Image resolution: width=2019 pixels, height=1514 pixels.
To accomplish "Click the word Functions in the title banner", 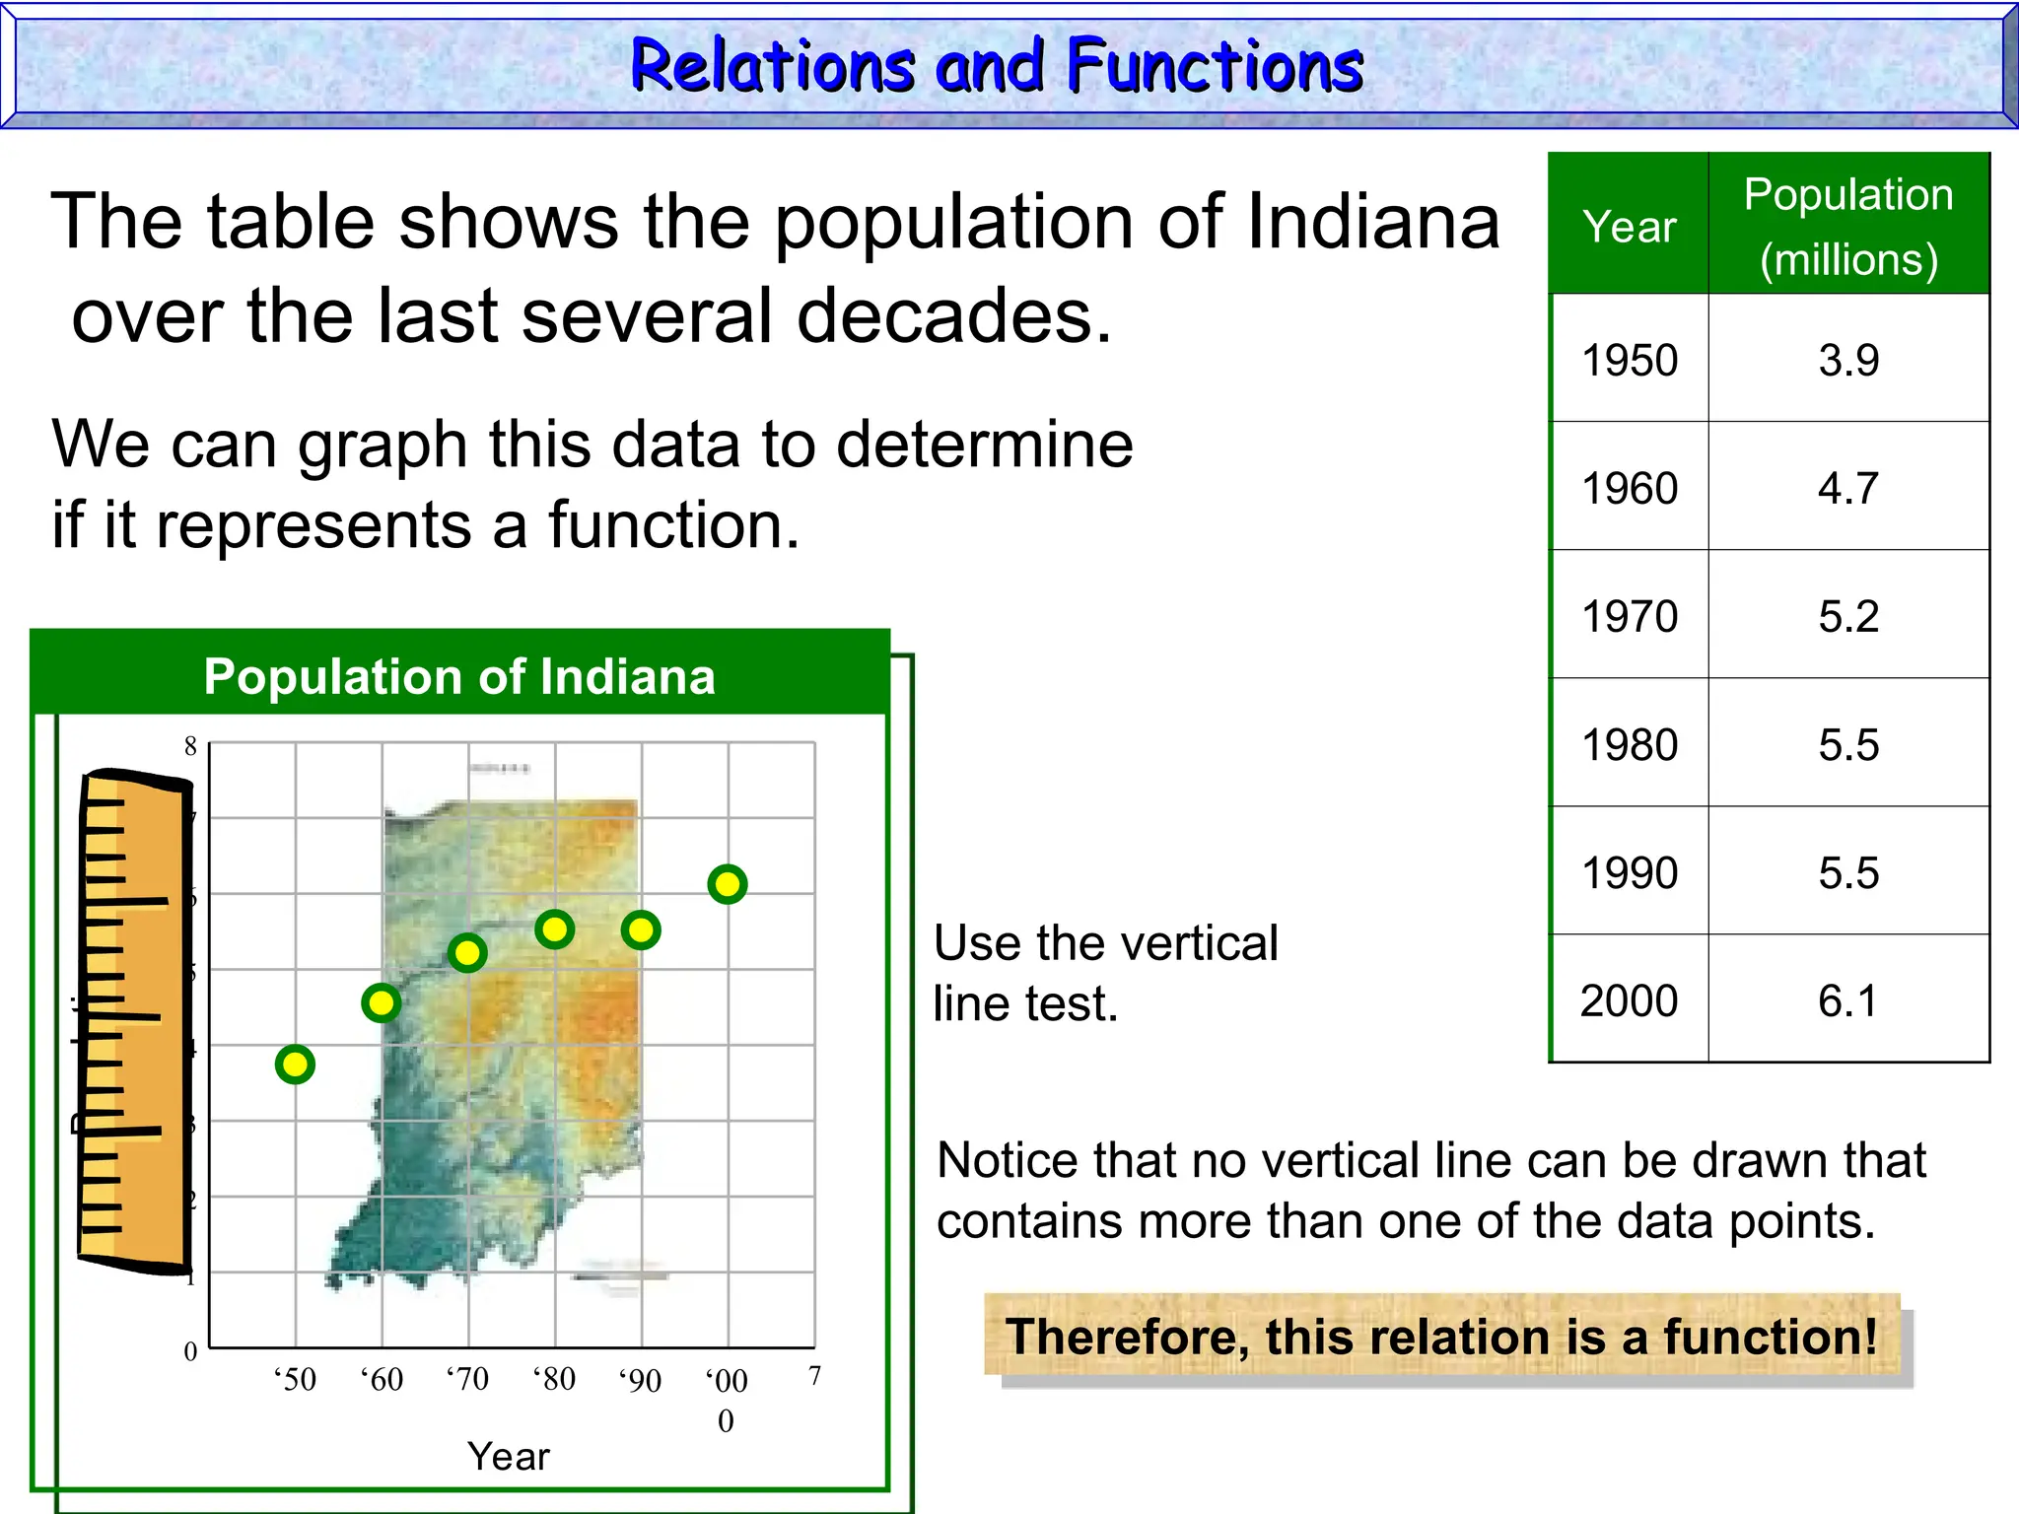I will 1215,67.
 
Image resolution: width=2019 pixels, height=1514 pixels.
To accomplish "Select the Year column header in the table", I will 1629,227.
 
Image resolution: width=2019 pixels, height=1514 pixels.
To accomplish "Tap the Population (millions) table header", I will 1848,227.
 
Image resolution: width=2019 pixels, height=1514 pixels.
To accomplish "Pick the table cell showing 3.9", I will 1848,360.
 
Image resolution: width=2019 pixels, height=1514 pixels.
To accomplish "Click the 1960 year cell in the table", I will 1630,488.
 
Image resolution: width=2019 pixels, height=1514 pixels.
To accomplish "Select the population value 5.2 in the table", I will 1848,616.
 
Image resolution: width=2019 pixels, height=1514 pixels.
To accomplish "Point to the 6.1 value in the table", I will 1848,1000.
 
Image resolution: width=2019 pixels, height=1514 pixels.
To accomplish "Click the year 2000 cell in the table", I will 1629,1000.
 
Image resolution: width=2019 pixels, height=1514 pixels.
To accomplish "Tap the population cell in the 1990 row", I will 1848,872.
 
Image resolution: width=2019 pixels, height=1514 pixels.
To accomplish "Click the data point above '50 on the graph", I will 295,1065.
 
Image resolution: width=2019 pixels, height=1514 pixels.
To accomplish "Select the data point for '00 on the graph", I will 728,884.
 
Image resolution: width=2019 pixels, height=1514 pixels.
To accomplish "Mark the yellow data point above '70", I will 467,953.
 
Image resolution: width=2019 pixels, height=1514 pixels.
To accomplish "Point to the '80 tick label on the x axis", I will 554,1378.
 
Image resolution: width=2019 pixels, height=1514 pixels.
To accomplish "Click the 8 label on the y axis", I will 190,746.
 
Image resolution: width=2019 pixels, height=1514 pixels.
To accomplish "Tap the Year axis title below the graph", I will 509,1456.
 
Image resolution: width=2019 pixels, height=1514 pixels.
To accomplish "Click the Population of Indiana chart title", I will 459,676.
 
